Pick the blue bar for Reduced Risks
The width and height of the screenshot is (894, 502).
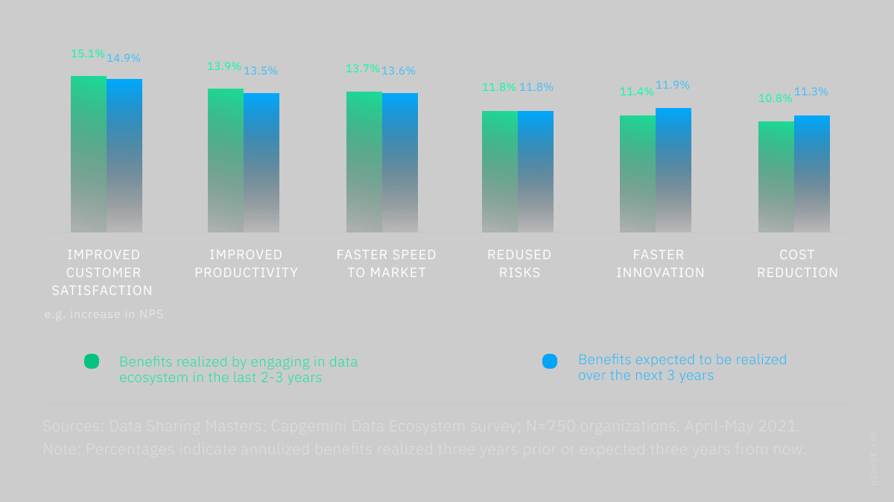coord(536,171)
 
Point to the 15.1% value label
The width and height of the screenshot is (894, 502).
coord(88,54)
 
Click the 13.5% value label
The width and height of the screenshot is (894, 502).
coord(260,71)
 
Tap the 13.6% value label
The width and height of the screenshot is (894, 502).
coord(399,71)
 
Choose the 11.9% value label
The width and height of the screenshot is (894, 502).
coord(672,85)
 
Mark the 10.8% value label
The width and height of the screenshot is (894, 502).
coord(775,98)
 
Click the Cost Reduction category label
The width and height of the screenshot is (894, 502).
coord(797,264)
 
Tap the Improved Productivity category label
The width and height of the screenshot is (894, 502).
coord(246,264)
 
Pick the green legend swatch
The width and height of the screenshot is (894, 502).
coord(92,361)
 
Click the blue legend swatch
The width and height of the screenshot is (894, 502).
coord(549,361)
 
